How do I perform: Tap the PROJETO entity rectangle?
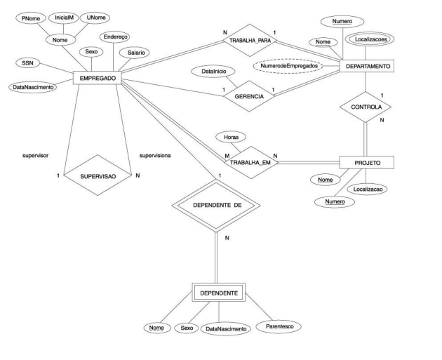(x=366, y=162)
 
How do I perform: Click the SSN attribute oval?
(x=27, y=64)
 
